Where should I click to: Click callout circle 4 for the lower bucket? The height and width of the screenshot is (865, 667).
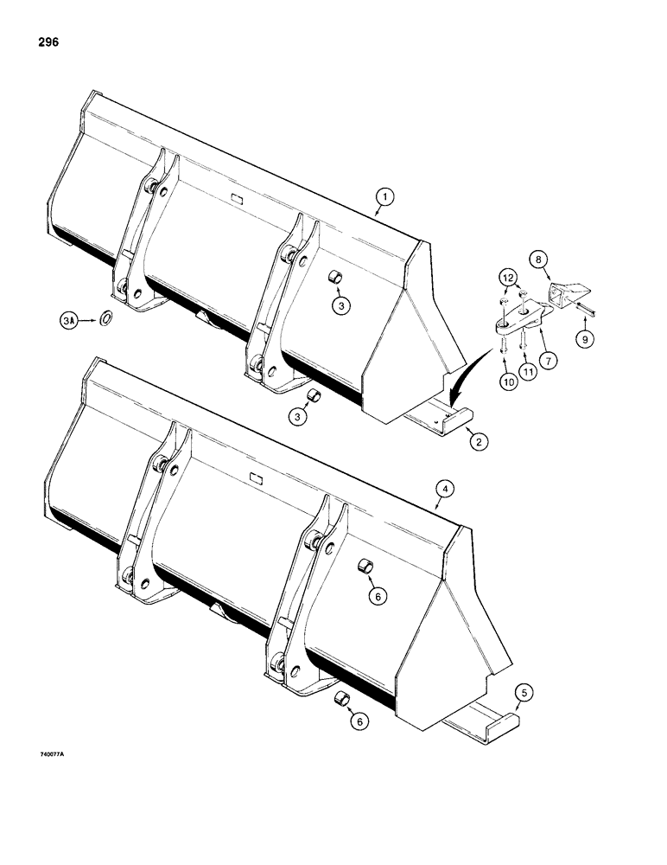pyautogui.click(x=442, y=489)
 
